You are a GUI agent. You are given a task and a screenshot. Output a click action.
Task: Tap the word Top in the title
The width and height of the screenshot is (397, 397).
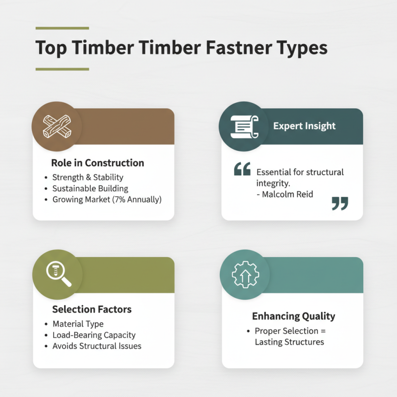click(x=52, y=49)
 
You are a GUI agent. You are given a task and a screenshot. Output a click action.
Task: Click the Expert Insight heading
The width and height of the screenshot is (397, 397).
click(x=304, y=126)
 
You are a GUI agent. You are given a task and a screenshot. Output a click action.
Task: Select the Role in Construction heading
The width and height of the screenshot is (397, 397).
click(x=97, y=163)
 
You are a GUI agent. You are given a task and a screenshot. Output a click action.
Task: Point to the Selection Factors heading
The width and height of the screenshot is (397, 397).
click(x=92, y=309)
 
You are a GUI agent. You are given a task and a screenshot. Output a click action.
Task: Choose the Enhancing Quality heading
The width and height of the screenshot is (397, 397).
click(x=293, y=316)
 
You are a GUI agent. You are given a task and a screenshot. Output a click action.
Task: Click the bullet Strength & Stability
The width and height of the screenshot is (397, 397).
click(x=88, y=177)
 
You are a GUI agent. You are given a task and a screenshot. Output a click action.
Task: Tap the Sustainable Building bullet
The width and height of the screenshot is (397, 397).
click(x=90, y=189)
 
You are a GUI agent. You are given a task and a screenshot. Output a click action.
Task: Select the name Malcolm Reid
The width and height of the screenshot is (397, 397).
click(x=288, y=195)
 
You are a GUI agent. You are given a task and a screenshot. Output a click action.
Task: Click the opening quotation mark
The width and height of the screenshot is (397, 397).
click(x=242, y=170)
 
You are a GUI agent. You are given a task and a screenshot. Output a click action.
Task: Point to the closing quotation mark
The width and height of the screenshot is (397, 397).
click(x=339, y=203)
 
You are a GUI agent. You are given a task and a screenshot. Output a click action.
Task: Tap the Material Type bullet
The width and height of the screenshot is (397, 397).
click(x=78, y=324)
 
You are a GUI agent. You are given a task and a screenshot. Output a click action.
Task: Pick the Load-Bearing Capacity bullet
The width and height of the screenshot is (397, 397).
click(x=94, y=335)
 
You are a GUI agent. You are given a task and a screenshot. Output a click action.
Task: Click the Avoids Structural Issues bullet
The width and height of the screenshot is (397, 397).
click(x=97, y=346)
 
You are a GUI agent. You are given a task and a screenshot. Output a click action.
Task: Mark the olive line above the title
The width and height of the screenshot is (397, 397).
click(x=62, y=28)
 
